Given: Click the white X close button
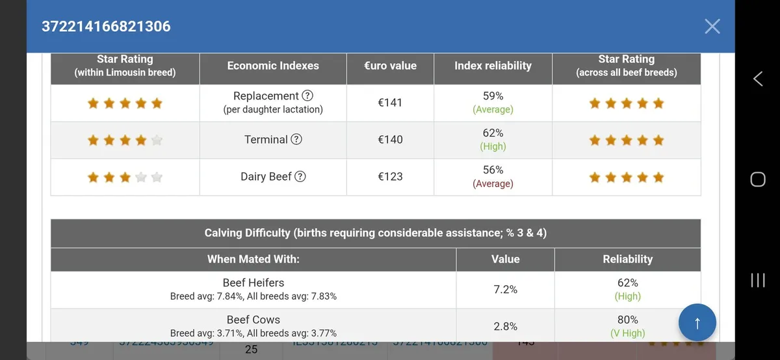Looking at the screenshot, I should click(x=712, y=26).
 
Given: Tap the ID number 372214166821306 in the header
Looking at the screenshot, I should click(x=106, y=27).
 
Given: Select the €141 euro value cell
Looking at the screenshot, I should click(x=390, y=103).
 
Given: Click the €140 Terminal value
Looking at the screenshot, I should click(x=390, y=140).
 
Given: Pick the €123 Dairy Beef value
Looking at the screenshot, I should click(x=390, y=177).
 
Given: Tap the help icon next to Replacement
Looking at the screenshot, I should click(x=307, y=96).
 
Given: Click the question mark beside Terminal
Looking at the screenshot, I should click(x=296, y=140).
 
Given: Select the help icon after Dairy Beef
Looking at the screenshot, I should click(x=300, y=177).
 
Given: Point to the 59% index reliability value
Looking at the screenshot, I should click(x=493, y=96).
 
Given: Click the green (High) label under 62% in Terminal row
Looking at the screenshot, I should click(x=493, y=147).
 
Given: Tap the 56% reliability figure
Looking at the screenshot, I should click(x=493, y=170).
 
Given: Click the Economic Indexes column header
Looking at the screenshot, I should click(x=273, y=66).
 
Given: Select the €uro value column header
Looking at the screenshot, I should click(x=390, y=66).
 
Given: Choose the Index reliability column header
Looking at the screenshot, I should click(x=493, y=66).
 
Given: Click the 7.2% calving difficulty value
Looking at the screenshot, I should click(x=505, y=289).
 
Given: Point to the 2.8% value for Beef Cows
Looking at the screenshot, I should click(x=505, y=326).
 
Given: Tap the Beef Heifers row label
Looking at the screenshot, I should click(x=253, y=283).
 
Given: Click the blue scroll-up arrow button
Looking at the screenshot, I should click(x=697, y=323).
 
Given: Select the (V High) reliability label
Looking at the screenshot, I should click(x=627, y=333).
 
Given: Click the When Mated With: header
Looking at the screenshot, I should click(x=253, y=259).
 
